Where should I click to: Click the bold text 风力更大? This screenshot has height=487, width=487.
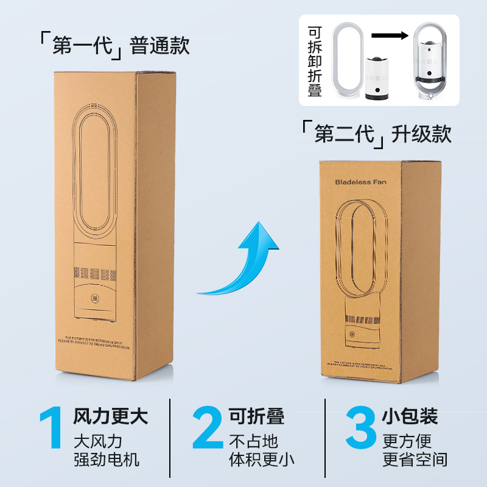click(x=110, y=417)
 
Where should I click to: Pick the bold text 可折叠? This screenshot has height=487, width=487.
click(x=256, y=417)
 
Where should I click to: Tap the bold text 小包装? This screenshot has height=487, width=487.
click(x=410, y=417)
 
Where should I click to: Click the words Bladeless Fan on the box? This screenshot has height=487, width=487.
click(x=360, y=181)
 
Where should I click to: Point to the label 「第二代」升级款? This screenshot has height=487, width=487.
click(x=376, y=133)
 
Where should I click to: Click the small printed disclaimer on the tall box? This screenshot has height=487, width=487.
click(x=94, y=342)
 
